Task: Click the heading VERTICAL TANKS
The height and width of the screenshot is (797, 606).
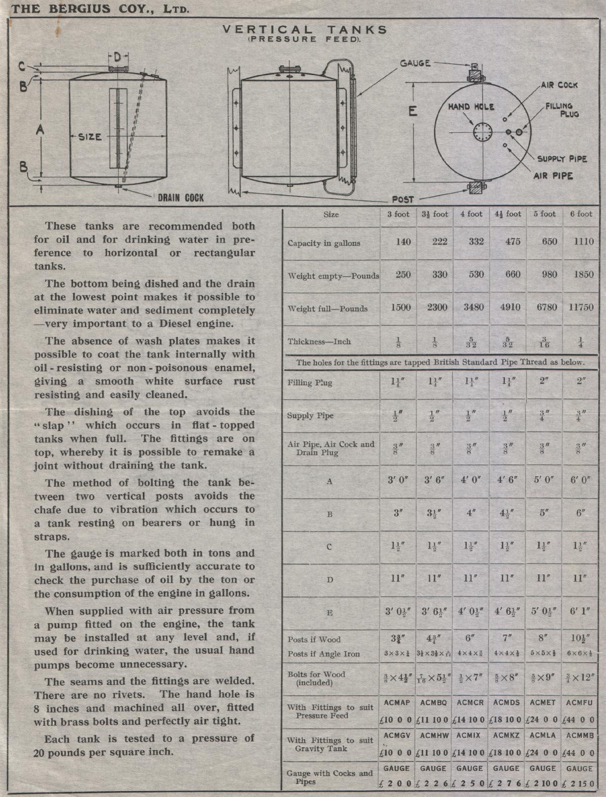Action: click(x=305, y=30)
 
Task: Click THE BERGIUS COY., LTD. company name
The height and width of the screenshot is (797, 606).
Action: click(x=99, y=9)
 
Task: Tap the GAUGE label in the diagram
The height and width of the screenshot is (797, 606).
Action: click(x=415, y=63)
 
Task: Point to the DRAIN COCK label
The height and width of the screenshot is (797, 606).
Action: click(x=180, y=198)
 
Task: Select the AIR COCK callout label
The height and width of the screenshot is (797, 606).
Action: click(x=559, y=85)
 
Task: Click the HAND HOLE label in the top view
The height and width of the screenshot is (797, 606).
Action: click(x=471, y=107)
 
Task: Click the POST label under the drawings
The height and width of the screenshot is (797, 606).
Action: click(x=403, y=199)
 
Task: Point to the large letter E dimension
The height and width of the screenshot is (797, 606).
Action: click(x=413, y=112)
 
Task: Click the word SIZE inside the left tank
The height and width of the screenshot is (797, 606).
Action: click(x=90, y=137)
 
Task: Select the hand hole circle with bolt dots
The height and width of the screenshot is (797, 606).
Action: click(x=482, y=132)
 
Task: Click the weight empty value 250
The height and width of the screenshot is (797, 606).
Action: click(x=403, y=275)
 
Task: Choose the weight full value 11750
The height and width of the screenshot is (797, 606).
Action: click(x=581, y=307)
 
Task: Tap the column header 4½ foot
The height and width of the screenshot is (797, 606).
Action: click(x=508, y=214)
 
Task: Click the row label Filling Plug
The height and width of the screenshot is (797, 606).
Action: click(x=310, y=383)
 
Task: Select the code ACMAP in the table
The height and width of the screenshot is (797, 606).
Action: click(x=397, y=703)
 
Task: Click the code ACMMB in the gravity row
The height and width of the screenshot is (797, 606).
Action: click(x=580, y=735)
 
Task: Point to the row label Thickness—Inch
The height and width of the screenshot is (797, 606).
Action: click(x=313, y=342)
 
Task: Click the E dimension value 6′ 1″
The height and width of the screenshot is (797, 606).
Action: click(x=581, y=611)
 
